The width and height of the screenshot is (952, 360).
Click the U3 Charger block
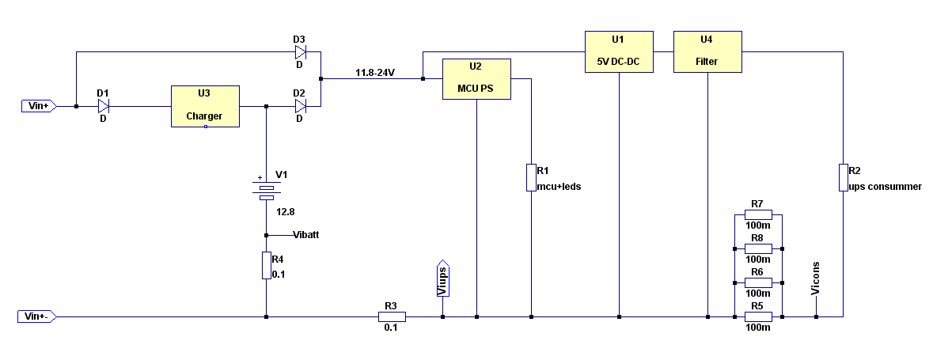(205, 106)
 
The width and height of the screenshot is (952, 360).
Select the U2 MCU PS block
(476, 79)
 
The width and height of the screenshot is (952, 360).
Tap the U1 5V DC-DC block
(619, 52)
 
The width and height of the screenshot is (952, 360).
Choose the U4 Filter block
(707, 52)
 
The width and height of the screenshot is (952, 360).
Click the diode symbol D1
(104, 106)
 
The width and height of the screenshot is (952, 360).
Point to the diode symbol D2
(301, 106)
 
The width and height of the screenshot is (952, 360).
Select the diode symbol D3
(301, 52)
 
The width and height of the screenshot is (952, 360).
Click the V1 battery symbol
(267, 191)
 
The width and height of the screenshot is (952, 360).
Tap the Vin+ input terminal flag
(39, 106)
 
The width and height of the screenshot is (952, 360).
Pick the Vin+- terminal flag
(36, 316)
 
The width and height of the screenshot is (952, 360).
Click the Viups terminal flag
(443, 279)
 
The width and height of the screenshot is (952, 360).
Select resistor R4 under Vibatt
(267, 266)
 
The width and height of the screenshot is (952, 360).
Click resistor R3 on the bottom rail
(392, 316)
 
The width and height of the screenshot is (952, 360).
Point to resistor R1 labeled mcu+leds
(531, 178)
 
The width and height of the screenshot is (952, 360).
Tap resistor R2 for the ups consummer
(844, 178)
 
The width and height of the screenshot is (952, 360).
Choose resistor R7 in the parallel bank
(758, 214)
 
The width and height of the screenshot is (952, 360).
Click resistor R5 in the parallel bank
(758, 316)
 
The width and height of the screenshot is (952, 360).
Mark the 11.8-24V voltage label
(375, 73)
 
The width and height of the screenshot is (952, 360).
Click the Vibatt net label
(306, 235)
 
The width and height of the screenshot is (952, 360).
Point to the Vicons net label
(815, 279)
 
